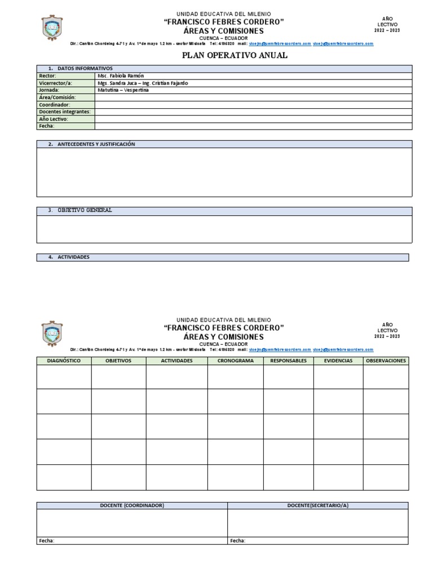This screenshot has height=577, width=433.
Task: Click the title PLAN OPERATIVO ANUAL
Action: coord(234,55)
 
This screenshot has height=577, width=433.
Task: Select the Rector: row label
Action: coord(47,76)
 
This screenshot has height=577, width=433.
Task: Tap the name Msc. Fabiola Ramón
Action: coord(120,76)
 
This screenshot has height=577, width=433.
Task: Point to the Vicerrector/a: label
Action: coord(55,83)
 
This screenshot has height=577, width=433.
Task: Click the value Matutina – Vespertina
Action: coord(123,90)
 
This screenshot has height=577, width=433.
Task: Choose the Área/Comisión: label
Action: coord(57,97)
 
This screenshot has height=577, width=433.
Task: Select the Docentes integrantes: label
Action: coord(64,112)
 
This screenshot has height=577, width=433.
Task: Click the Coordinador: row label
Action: coord(54,105)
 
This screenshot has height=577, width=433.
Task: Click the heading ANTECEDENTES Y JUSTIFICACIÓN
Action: coord(96,144)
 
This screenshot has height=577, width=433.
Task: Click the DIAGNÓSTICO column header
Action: coord(64,361)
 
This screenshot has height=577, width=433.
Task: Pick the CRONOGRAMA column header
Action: coord(235,361)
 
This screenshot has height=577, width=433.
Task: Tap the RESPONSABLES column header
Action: coord(288,361)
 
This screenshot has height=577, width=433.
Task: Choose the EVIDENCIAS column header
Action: coord(338,361)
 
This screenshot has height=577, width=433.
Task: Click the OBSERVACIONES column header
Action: coord(386,361)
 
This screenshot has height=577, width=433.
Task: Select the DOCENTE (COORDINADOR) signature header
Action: coord(132,505)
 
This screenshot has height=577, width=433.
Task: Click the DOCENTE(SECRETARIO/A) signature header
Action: coord(318,505)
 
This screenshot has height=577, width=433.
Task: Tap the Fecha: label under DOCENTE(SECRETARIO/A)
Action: coord(237,541)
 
